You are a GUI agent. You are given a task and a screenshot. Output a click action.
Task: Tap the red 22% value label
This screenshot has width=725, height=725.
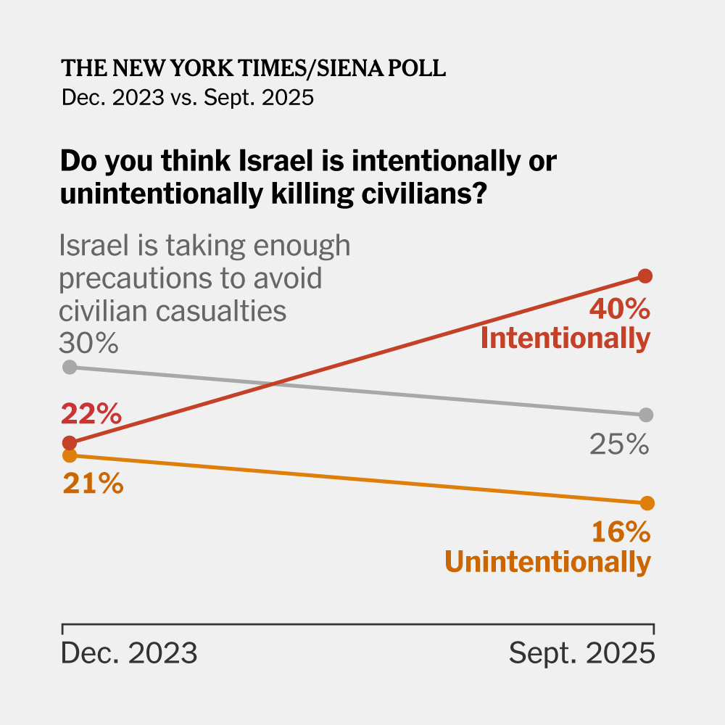91,415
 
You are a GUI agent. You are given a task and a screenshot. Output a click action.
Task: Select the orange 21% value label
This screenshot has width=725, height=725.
92,483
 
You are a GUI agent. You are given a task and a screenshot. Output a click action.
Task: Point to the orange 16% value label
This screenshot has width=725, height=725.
621,533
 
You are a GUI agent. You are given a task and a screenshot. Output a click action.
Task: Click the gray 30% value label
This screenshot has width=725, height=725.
89,341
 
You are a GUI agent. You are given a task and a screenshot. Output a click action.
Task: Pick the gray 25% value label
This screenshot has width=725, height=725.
618,444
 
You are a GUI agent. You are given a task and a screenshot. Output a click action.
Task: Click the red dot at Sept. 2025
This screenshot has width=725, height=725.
646,275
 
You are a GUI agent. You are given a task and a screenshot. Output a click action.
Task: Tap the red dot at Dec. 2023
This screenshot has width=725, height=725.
70,442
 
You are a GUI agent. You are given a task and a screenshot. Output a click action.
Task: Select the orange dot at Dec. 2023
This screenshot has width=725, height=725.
70,455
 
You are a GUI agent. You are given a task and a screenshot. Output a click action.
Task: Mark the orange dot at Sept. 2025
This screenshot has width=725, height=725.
647,502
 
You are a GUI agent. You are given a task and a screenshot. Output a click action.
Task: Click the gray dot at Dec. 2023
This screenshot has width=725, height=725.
70,367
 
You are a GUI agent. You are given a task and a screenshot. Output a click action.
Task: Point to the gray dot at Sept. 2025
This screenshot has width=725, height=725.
647,415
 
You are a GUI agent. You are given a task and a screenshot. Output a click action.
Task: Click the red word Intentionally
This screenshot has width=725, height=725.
565,339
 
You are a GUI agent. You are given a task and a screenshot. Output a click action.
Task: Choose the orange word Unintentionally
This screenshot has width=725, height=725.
547,563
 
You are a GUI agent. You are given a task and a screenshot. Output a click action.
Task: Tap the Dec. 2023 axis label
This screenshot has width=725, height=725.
129,654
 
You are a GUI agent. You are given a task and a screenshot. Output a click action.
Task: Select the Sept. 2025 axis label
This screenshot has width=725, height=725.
581,654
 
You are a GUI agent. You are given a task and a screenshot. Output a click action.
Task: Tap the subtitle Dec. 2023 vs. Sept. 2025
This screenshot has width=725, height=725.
188,97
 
